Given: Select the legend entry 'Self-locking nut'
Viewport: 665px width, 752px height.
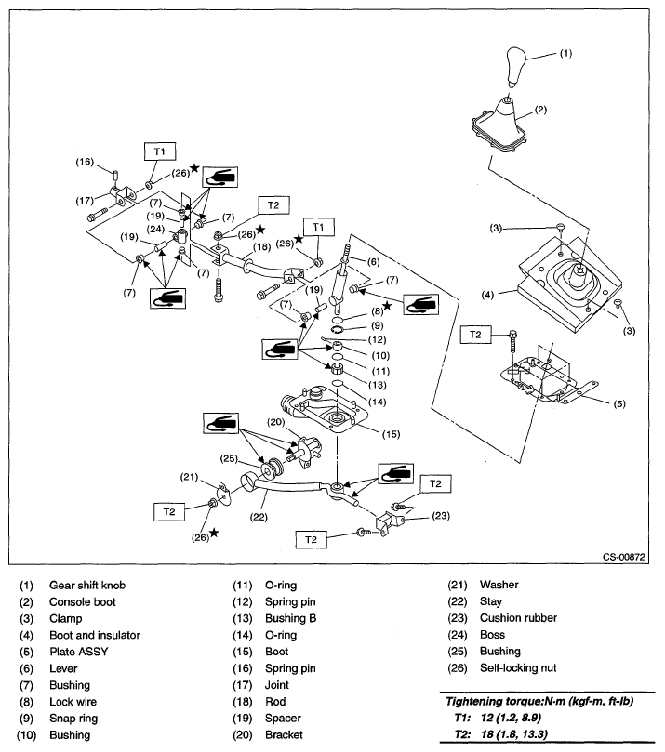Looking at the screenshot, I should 519,668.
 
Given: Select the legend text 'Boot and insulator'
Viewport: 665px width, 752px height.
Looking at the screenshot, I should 95,635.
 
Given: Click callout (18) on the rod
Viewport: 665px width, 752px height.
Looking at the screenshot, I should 261,247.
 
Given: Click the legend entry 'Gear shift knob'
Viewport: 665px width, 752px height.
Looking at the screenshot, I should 87,585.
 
